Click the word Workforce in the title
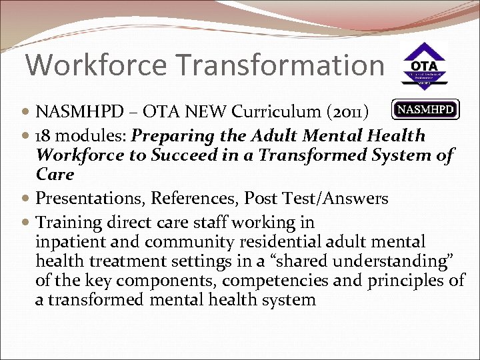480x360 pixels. [96, 65]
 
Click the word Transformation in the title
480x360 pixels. [278, 65]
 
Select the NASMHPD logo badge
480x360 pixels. [425, 109]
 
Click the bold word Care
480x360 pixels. [55, 174]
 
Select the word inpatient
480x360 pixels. [67, 241]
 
